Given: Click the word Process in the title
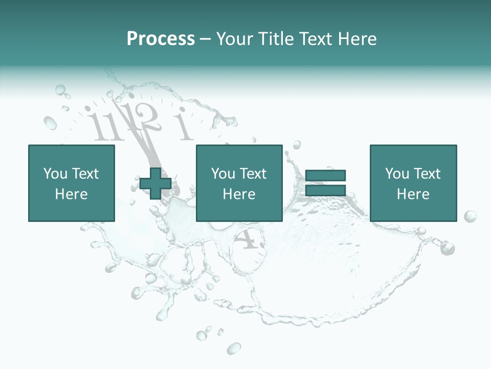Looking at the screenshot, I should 161,39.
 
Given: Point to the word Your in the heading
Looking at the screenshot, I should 235,39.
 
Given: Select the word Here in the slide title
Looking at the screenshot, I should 357,39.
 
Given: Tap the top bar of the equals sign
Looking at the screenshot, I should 325,176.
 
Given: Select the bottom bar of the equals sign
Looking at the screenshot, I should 325,191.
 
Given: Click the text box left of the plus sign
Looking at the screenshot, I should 71,183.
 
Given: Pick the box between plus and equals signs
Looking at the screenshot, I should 239,183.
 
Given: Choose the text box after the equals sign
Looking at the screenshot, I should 413,183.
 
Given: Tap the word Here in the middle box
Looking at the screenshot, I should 239,194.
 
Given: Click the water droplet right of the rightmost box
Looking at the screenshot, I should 470,216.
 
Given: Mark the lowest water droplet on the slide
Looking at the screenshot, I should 234,348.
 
